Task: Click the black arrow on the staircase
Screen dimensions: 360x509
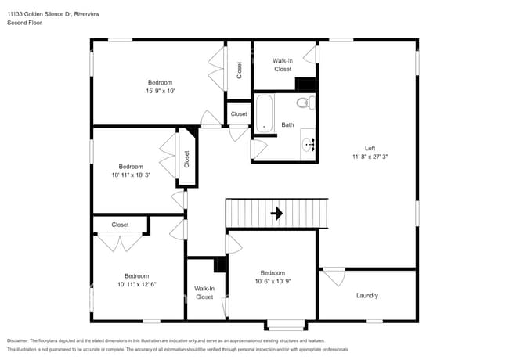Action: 276,213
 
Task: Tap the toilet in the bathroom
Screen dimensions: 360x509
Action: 305,103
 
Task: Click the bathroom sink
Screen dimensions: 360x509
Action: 309,144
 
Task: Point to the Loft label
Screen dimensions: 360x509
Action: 370,148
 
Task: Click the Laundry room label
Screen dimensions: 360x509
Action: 366,296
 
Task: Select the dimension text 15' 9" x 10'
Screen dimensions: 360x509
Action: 160,91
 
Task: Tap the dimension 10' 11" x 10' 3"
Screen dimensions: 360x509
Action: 131,175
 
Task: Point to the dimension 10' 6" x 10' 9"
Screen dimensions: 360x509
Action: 273,282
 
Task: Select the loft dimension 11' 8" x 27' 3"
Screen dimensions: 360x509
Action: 370,157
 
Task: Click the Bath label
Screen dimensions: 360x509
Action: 287,124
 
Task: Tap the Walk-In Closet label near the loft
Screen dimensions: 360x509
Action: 282,64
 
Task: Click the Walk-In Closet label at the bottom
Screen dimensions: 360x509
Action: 204,293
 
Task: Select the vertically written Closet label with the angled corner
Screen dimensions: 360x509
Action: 187,160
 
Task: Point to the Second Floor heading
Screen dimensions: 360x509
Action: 24,23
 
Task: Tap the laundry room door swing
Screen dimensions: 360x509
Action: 334,276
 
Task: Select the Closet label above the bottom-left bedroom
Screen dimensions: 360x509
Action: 120,225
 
